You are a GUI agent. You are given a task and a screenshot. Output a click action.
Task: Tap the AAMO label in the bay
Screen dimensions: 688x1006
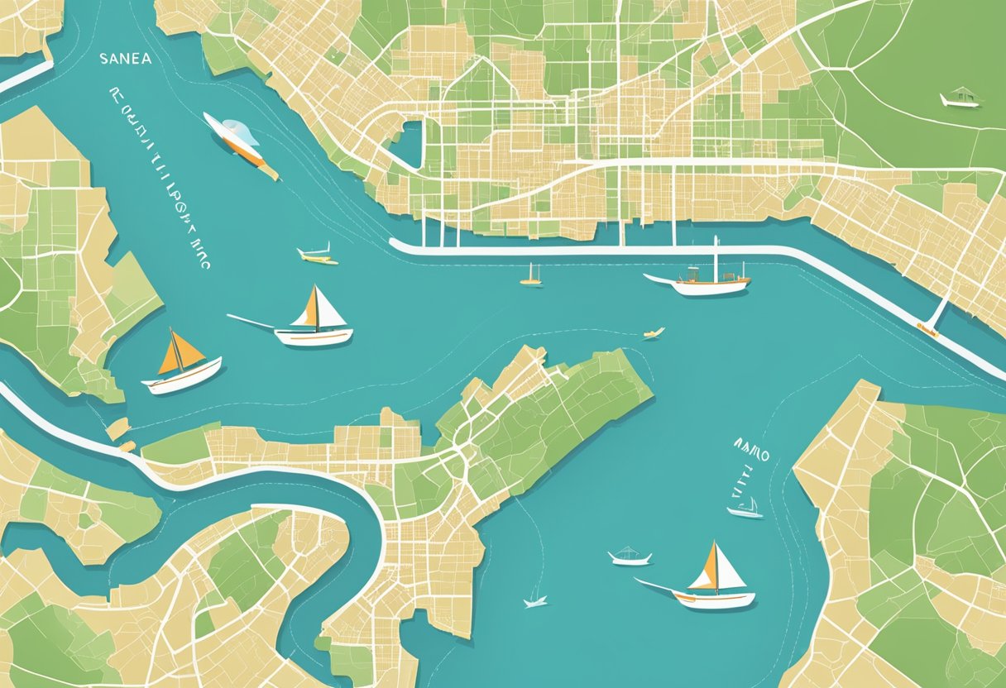[x=751, y=455]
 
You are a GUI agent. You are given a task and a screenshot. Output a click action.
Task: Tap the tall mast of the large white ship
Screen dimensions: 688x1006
[x=716, y=258]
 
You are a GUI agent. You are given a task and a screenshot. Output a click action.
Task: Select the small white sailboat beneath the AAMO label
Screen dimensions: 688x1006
[x=746, y=509]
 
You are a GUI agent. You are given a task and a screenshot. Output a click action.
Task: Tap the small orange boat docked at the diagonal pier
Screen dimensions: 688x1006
[x=927, y=331]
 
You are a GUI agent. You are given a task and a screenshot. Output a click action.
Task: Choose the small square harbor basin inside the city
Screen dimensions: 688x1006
[x=407, y=142]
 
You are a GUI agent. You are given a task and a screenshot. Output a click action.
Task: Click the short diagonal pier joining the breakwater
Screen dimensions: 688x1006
[x=937, y=313]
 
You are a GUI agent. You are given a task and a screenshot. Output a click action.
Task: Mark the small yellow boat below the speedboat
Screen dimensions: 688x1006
[x=318, y=256]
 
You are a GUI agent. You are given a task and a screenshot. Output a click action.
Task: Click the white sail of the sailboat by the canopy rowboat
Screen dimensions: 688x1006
[x=728, y=569]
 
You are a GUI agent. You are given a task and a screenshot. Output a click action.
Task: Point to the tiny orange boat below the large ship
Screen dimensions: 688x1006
[x=654, y=333]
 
